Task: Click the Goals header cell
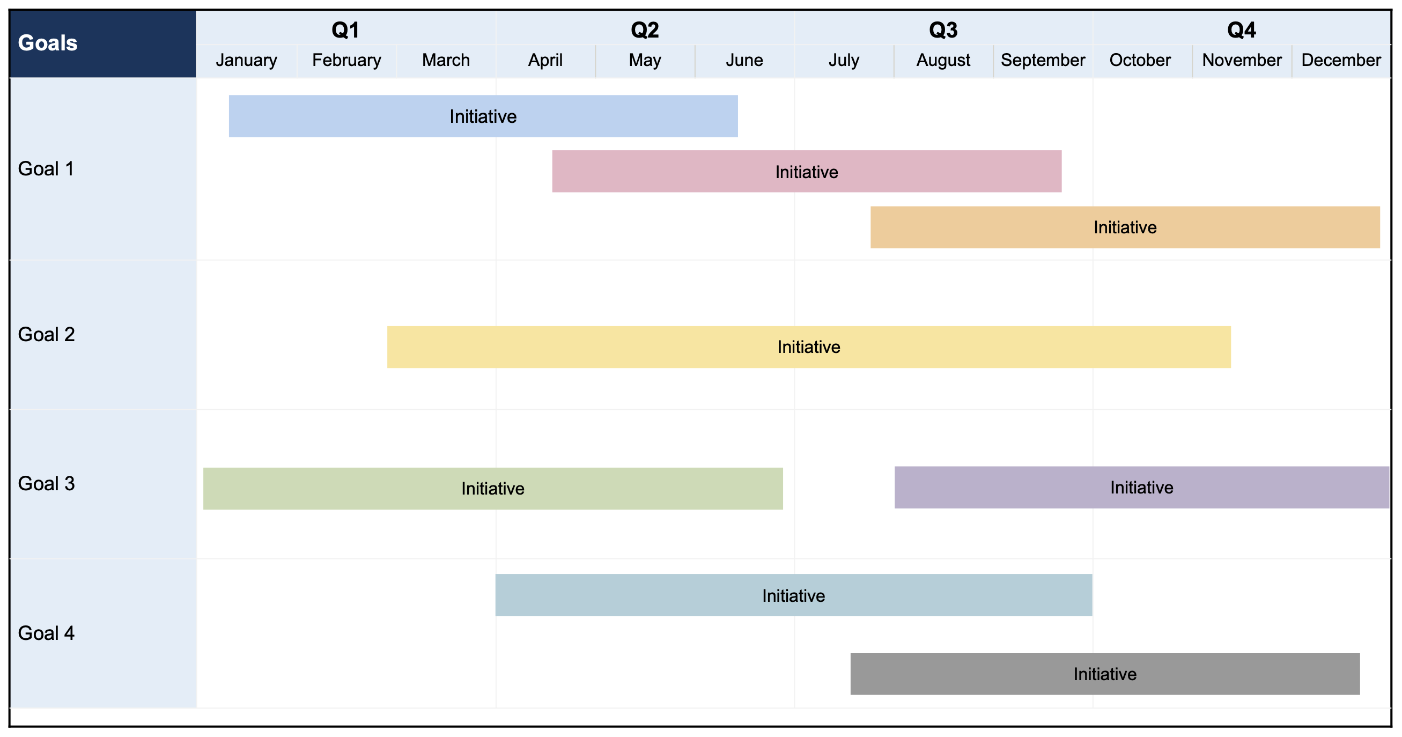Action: click(x=48, y=43)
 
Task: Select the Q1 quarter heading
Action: click(x=345, y=30)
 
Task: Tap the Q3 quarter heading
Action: click(x=943, y=30)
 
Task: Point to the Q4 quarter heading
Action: click(x=1241, y=30)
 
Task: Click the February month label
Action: click(x=346, y=60)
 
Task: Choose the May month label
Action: click(x=644, y=60)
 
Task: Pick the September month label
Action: click(x=1042, y=60)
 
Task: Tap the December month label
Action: click(x=1340, y=60)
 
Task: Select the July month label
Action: click(x=844, y=60)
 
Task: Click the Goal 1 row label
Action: click(x=46, y=169)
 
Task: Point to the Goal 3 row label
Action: click(x=46, y=483)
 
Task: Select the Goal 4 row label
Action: click(x=46, y=633)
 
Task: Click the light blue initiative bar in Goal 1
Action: click(x=483, y=116)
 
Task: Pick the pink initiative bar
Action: click(x=806, y=172)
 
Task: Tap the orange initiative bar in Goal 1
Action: click(x=1124, y=227)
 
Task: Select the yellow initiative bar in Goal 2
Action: click(x=808, y=347)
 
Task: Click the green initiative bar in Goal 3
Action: click(x=492, y=488)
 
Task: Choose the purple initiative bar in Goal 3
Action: click(x=1141, y=487)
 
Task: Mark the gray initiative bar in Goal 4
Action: click(x=1104, y=674)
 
